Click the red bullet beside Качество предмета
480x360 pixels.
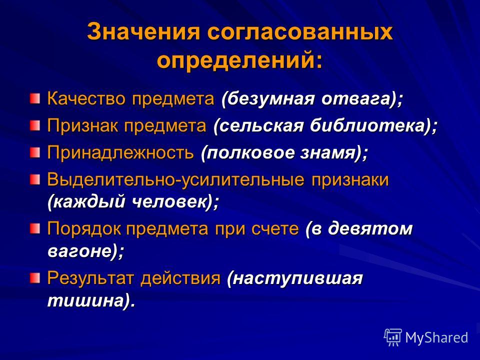click(35, 98)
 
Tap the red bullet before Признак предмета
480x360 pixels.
click(35, 125)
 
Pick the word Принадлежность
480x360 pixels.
click(120, 152)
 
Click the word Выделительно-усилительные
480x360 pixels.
click(175, 179)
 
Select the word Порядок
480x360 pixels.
click(84, 228)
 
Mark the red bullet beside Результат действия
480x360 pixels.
click(35, 278)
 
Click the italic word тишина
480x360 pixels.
click(86, 301)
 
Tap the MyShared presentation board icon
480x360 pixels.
click(393, 337)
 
